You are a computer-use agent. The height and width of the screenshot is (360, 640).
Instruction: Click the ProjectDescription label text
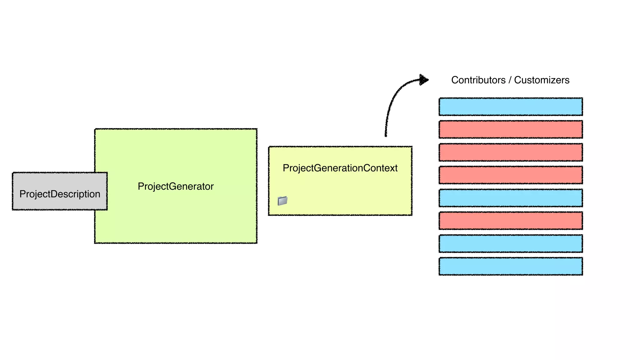[60, 194]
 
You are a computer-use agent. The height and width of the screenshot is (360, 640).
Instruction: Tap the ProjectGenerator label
[176, 187]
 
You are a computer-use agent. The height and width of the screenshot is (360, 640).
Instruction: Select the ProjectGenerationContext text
[340, 168]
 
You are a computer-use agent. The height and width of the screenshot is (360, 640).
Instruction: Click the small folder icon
[282, 201]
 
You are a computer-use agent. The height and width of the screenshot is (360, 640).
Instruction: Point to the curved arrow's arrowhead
[424, 80]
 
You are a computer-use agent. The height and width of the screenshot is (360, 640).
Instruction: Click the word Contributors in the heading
[478, 80]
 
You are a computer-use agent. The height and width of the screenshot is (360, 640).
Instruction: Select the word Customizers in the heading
[542, 80]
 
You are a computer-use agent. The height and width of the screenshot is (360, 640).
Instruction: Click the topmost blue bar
[511, 107]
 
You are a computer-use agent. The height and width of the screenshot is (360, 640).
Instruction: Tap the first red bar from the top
[511, 129]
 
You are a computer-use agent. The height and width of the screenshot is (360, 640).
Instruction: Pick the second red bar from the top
[511, 152]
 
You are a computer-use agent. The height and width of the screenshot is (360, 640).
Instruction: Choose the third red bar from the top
[511, 175]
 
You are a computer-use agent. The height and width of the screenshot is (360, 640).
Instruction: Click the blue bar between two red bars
[511, 198]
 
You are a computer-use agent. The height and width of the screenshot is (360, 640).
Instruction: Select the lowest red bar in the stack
[511, 221]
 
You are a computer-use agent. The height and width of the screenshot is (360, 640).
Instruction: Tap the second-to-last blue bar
[511, 243]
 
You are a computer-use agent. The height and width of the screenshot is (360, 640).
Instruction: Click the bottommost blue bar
[511, 266]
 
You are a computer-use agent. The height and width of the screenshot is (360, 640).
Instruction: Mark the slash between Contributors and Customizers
[510, 80]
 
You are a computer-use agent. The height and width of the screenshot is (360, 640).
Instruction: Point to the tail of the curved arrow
[386, 135]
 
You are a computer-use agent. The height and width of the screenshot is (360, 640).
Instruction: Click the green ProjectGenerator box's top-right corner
[257, 129]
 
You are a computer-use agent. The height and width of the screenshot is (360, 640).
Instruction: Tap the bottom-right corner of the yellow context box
[411, 215]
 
